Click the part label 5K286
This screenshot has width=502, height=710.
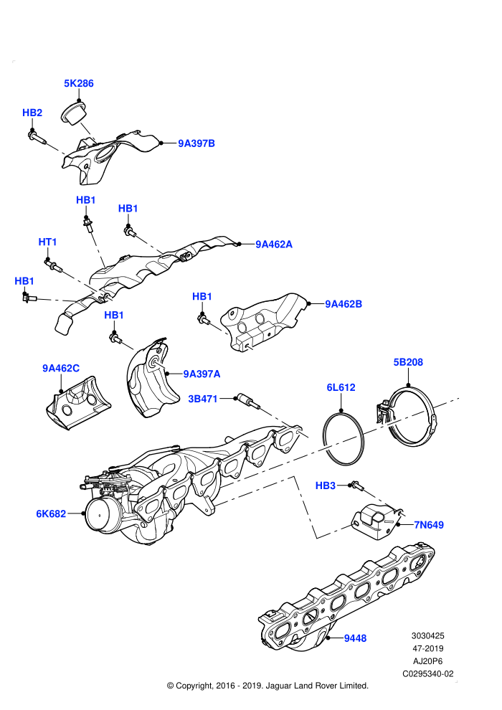tap(79, 83)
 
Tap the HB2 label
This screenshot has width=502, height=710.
tap(32, 113)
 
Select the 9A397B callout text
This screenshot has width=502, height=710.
tap(196, 143)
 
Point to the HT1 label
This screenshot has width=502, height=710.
tap(47, 242)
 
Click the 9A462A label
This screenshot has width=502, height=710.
tap(274, 245)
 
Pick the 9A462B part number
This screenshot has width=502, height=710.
tap(344, 304)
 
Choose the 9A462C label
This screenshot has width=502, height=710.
tap(61, 369)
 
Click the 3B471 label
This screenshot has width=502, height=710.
tap(203, 399)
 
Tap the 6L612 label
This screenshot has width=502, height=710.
tap(341, 387)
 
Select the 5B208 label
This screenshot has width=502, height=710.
tap(408, 362)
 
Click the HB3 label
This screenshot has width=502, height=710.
tap(326, 486)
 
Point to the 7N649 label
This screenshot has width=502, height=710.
tap(429, 525)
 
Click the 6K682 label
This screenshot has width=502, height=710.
tap(51, 514)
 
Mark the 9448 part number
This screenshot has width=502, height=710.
tap(355, 638)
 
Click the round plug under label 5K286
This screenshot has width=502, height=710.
tap(74, 113)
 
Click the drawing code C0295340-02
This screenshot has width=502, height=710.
tap(427, 673)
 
